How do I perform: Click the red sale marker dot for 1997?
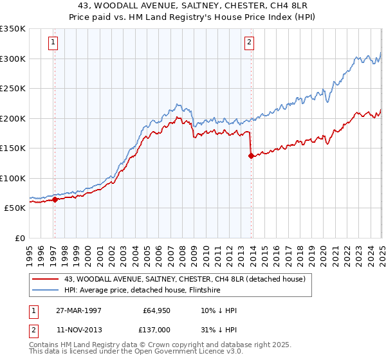55,199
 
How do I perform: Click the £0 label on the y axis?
19,238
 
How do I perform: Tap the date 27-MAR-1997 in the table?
79,310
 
